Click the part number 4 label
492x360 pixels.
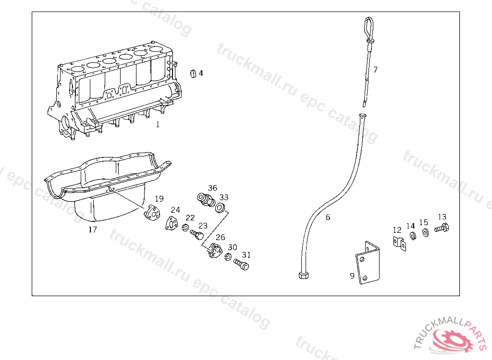(201, 73)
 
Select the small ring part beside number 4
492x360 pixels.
(193, 73)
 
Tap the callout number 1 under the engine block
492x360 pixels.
(158, 124)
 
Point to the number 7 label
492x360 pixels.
(375, 69)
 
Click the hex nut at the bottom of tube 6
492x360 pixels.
(304, 275)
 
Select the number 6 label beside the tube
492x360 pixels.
(328, 217)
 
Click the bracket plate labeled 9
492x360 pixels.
(368, 264)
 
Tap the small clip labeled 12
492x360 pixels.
(399, 243)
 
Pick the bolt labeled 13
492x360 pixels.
(442, 228)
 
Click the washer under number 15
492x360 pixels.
(425, 233)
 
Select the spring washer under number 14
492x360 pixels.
(413, 236)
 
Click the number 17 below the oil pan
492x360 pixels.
(93, 229)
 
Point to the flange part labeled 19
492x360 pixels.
(152, 213)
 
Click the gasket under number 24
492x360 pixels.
(172, 223)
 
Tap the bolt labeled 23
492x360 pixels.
(197, 234)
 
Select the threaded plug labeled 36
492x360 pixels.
(206, 200)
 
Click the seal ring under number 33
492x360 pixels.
(220, 207)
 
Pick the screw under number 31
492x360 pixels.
(241, 264)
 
